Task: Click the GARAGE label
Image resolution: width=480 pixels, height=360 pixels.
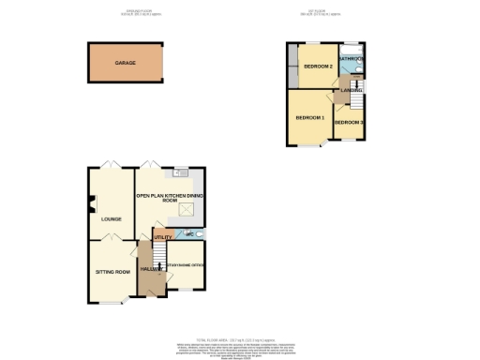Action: click(125, 63)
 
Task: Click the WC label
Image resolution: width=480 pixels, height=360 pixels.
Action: click(189, 233)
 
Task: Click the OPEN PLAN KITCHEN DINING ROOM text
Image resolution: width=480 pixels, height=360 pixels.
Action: click(169, 197)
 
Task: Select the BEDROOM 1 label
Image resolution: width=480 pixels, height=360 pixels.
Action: click(309, 118)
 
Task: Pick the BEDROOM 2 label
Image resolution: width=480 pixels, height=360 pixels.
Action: click(318, 67)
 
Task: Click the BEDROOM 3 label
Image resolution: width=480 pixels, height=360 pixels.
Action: click(349, 123)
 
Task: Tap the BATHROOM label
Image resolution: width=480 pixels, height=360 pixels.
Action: click(352, 58)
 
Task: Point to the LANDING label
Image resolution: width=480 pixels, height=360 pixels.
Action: click(352, 90)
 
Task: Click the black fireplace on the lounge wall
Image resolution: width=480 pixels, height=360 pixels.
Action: click(91, 200)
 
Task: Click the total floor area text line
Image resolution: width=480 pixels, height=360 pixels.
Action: click(239, 338)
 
